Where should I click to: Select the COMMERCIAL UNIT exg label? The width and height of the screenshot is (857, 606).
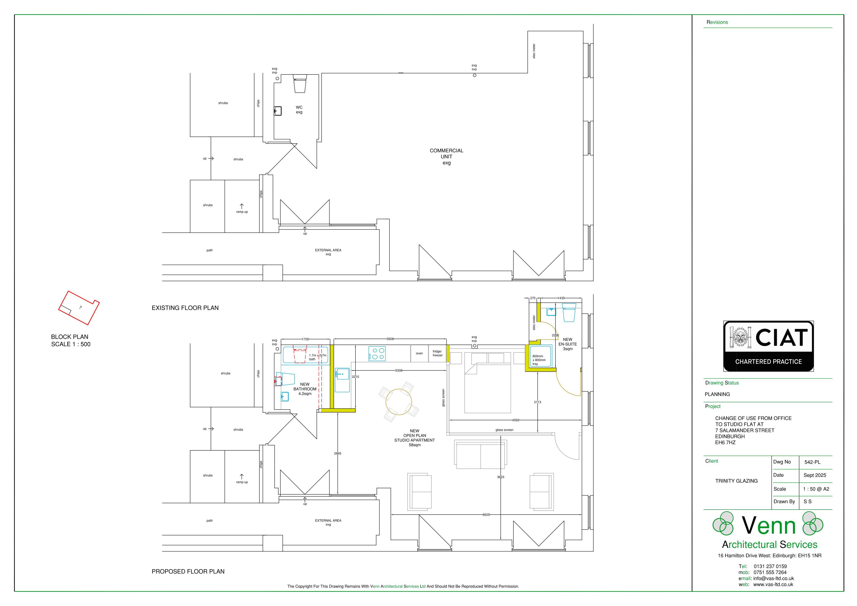coord(446,157)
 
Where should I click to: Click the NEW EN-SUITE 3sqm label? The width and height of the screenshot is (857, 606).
coord(567,344)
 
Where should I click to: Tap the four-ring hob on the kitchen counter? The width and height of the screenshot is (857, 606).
coord(377,353)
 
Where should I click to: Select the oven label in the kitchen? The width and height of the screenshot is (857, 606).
coord(419,353)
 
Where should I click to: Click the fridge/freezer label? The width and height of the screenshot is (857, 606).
coord(437,353)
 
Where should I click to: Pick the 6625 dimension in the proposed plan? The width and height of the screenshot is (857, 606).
coord(486,515)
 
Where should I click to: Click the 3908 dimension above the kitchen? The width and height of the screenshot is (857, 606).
coord(390,339)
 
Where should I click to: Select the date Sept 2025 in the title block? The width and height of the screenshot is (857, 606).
coord(815,475)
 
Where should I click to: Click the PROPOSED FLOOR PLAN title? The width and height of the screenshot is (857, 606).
coord(188,571)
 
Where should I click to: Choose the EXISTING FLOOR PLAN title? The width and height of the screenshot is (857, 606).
coord(185,308)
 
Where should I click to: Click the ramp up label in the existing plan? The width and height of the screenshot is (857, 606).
coord(242,211)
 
